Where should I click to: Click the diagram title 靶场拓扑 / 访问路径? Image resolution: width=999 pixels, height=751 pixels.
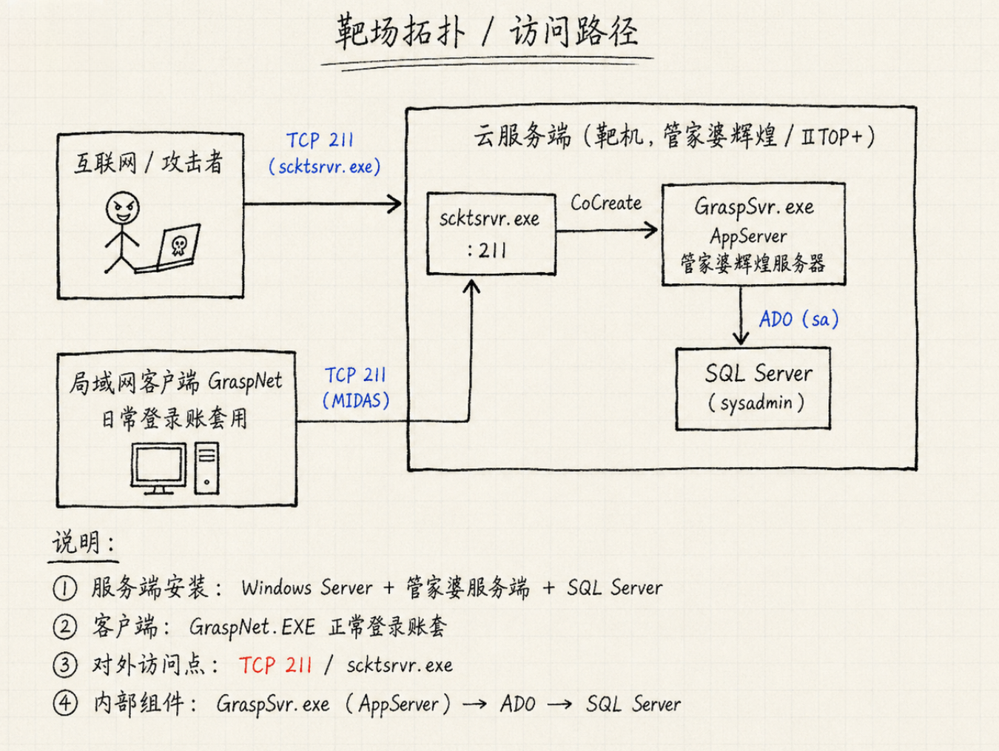click(486, 32)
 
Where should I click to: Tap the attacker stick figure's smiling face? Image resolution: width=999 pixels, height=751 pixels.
click(122, 207)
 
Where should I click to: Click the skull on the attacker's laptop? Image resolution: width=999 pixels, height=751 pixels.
click(178, 246)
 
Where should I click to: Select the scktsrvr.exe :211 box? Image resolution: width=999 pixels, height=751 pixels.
click(491, 234)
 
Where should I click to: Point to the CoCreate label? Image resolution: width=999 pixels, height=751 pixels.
click(606, 203)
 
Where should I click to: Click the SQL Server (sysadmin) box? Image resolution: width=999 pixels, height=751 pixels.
click(753, 388)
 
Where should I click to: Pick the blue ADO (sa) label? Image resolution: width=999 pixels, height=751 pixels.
click(798, 319)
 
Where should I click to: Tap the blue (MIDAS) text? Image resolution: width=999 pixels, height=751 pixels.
click(356, 401)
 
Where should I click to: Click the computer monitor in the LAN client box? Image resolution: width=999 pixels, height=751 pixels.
click(158, 468)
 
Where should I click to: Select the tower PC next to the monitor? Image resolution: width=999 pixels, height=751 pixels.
click(206, 468)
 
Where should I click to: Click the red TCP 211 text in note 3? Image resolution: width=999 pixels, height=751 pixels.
click(275, 665)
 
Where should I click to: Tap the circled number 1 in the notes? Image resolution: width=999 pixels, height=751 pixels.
click(64, 588)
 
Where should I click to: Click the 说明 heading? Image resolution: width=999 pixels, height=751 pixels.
click(84, 542)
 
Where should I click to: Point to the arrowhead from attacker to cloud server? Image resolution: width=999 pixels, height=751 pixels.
click(394, 203)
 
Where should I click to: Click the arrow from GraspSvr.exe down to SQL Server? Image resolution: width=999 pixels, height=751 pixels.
click(741, 315)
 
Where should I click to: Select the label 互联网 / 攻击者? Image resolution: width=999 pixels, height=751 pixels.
click(149, 162)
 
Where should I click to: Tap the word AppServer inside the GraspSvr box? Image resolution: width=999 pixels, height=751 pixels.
click(749, 237)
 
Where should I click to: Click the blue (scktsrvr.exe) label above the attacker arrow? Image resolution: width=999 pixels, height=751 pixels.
click(325, 167)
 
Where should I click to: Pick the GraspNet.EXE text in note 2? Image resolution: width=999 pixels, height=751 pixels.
click(252, 627)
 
